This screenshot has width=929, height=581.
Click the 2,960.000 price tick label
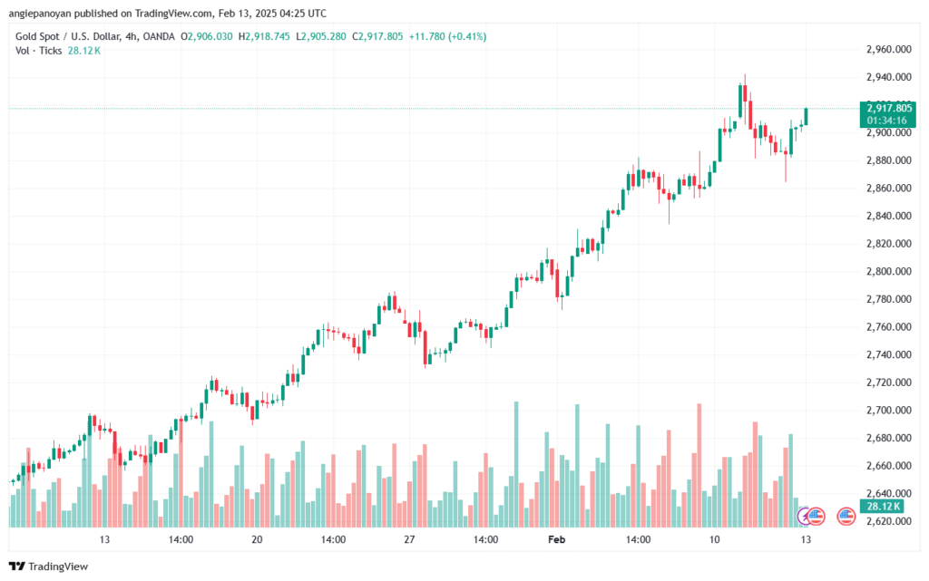889,50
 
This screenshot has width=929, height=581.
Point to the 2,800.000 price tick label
889,272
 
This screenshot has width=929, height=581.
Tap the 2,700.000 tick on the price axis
889,410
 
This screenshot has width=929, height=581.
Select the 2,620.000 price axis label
889,521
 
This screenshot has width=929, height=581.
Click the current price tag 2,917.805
889,108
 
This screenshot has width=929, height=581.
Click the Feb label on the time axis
556,539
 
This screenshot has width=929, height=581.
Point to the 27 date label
409,539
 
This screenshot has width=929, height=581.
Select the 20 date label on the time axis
257,539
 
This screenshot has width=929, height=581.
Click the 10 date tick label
715,539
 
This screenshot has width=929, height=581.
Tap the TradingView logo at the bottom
49,566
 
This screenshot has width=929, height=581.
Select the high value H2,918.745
264,36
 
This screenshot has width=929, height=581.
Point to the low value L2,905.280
320,36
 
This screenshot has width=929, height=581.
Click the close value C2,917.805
377,36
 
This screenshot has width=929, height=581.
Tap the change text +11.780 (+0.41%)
447,36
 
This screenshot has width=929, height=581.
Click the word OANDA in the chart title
159,36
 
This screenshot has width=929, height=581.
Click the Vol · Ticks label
38,51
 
